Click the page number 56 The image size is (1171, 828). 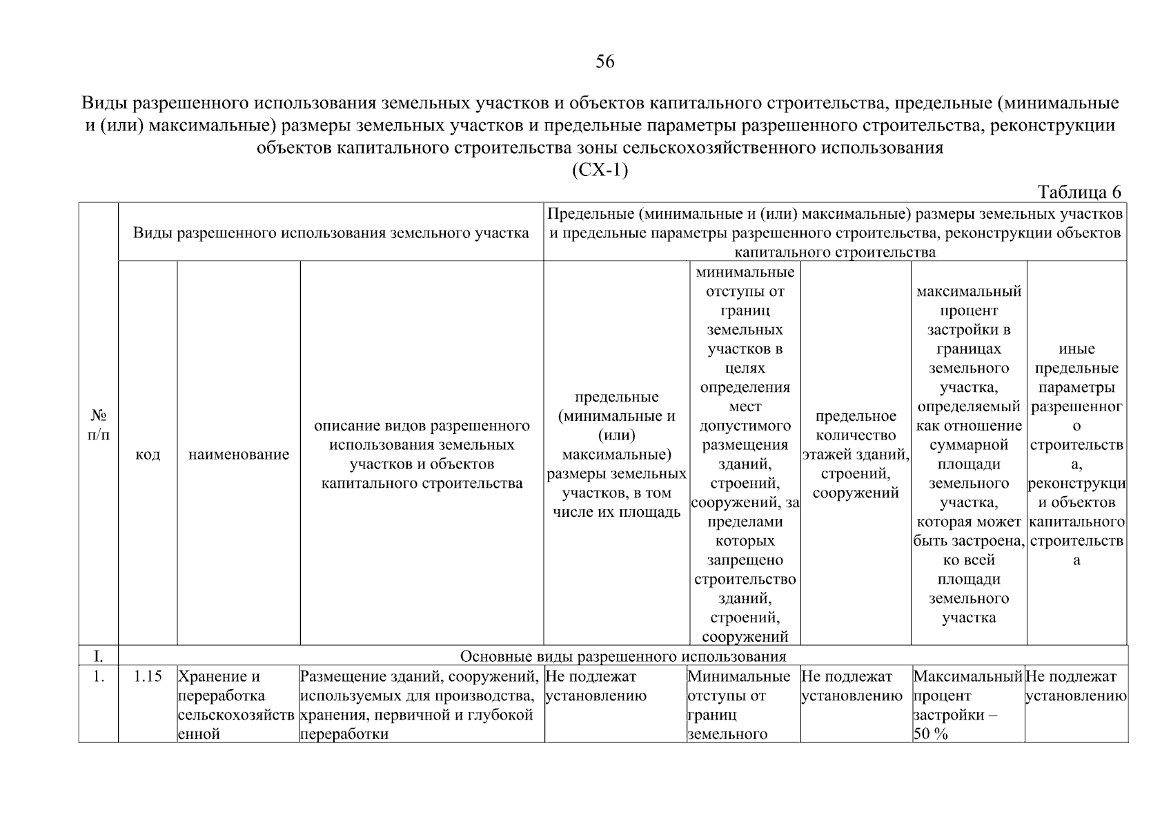(604, 62)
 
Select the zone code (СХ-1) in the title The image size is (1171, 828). (600, 170)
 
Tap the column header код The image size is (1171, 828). (148, 455)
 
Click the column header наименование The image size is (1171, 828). (239, 455)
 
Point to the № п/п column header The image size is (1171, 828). (99, 425)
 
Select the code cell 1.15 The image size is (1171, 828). (148, 677)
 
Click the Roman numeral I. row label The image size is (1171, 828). (99, 655)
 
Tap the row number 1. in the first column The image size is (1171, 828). (99, 677)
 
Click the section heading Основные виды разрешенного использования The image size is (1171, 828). (622, 655)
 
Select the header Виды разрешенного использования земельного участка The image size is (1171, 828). (331, 233)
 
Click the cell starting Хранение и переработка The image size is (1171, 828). (237, 705)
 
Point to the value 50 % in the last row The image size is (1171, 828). (931, 734)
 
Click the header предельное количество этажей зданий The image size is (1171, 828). (856, 455)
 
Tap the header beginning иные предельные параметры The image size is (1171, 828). (1076, 455)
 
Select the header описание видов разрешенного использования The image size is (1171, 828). (422, 455)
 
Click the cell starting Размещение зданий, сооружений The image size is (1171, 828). (421, 705)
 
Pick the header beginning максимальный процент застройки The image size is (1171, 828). (969, 455)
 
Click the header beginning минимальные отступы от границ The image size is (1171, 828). (745, 455)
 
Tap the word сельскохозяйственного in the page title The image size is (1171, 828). (725, 148)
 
